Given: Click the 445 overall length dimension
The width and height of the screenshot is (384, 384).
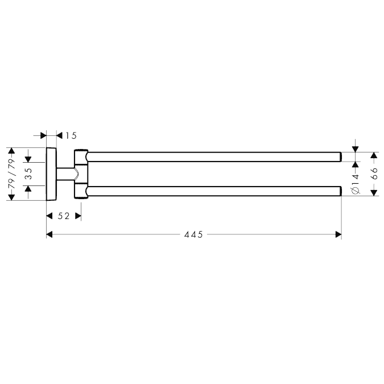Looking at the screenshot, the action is click(193, 234).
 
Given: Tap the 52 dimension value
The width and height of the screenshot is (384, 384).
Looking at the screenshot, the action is click(64, 216).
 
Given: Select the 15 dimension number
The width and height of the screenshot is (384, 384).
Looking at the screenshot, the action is click(71, 135).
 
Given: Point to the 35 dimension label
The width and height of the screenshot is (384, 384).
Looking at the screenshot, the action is click(29, 174).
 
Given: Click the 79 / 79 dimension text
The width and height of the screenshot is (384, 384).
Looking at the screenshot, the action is click(11, 174).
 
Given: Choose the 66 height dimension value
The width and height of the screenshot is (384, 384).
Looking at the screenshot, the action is click(374, 174).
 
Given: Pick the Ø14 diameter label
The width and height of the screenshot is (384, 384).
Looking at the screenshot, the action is click(356, 184).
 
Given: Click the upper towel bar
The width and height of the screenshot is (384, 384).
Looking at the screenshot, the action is click(214, 157).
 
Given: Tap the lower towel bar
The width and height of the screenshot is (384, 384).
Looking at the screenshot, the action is click(214, 191).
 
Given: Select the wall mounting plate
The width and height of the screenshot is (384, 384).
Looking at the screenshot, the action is click(51, 174).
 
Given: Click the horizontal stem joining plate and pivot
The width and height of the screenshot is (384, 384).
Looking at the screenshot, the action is click(65, 174).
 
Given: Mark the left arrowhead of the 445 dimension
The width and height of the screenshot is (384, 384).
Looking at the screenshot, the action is click(49, 234).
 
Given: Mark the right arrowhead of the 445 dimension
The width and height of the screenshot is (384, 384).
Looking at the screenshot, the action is click(338, 234).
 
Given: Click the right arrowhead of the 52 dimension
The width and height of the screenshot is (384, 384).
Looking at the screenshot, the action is click(78, 216).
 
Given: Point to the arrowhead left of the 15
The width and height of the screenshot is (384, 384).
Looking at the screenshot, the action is click(43, 135).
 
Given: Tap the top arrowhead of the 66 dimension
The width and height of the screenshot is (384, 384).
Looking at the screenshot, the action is click(374, 155).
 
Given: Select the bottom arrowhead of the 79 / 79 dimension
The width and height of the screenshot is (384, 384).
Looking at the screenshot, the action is click(11, 197).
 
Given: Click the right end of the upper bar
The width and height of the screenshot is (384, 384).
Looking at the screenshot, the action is click(341, 157).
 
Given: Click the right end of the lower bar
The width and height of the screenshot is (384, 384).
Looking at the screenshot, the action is click(341, 191).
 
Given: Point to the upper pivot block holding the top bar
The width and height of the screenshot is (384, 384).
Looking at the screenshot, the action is click(81, 157).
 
